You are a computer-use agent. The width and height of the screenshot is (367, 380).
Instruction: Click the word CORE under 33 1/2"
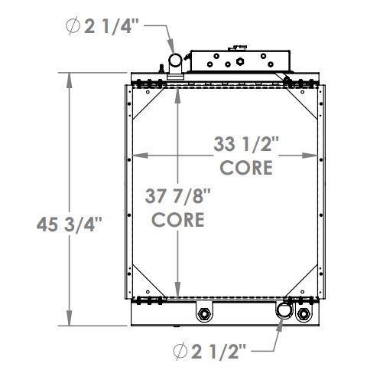click(245, 166)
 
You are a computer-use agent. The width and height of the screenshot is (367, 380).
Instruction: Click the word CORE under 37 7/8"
click(177, 219)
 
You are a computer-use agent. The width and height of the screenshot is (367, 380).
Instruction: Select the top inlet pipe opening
click(175, 60)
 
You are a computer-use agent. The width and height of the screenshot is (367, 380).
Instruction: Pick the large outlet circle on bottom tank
click(284, 311)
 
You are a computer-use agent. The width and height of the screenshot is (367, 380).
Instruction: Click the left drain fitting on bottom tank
click(204, 315)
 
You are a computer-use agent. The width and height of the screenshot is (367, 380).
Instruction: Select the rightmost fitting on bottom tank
click(305, 315)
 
